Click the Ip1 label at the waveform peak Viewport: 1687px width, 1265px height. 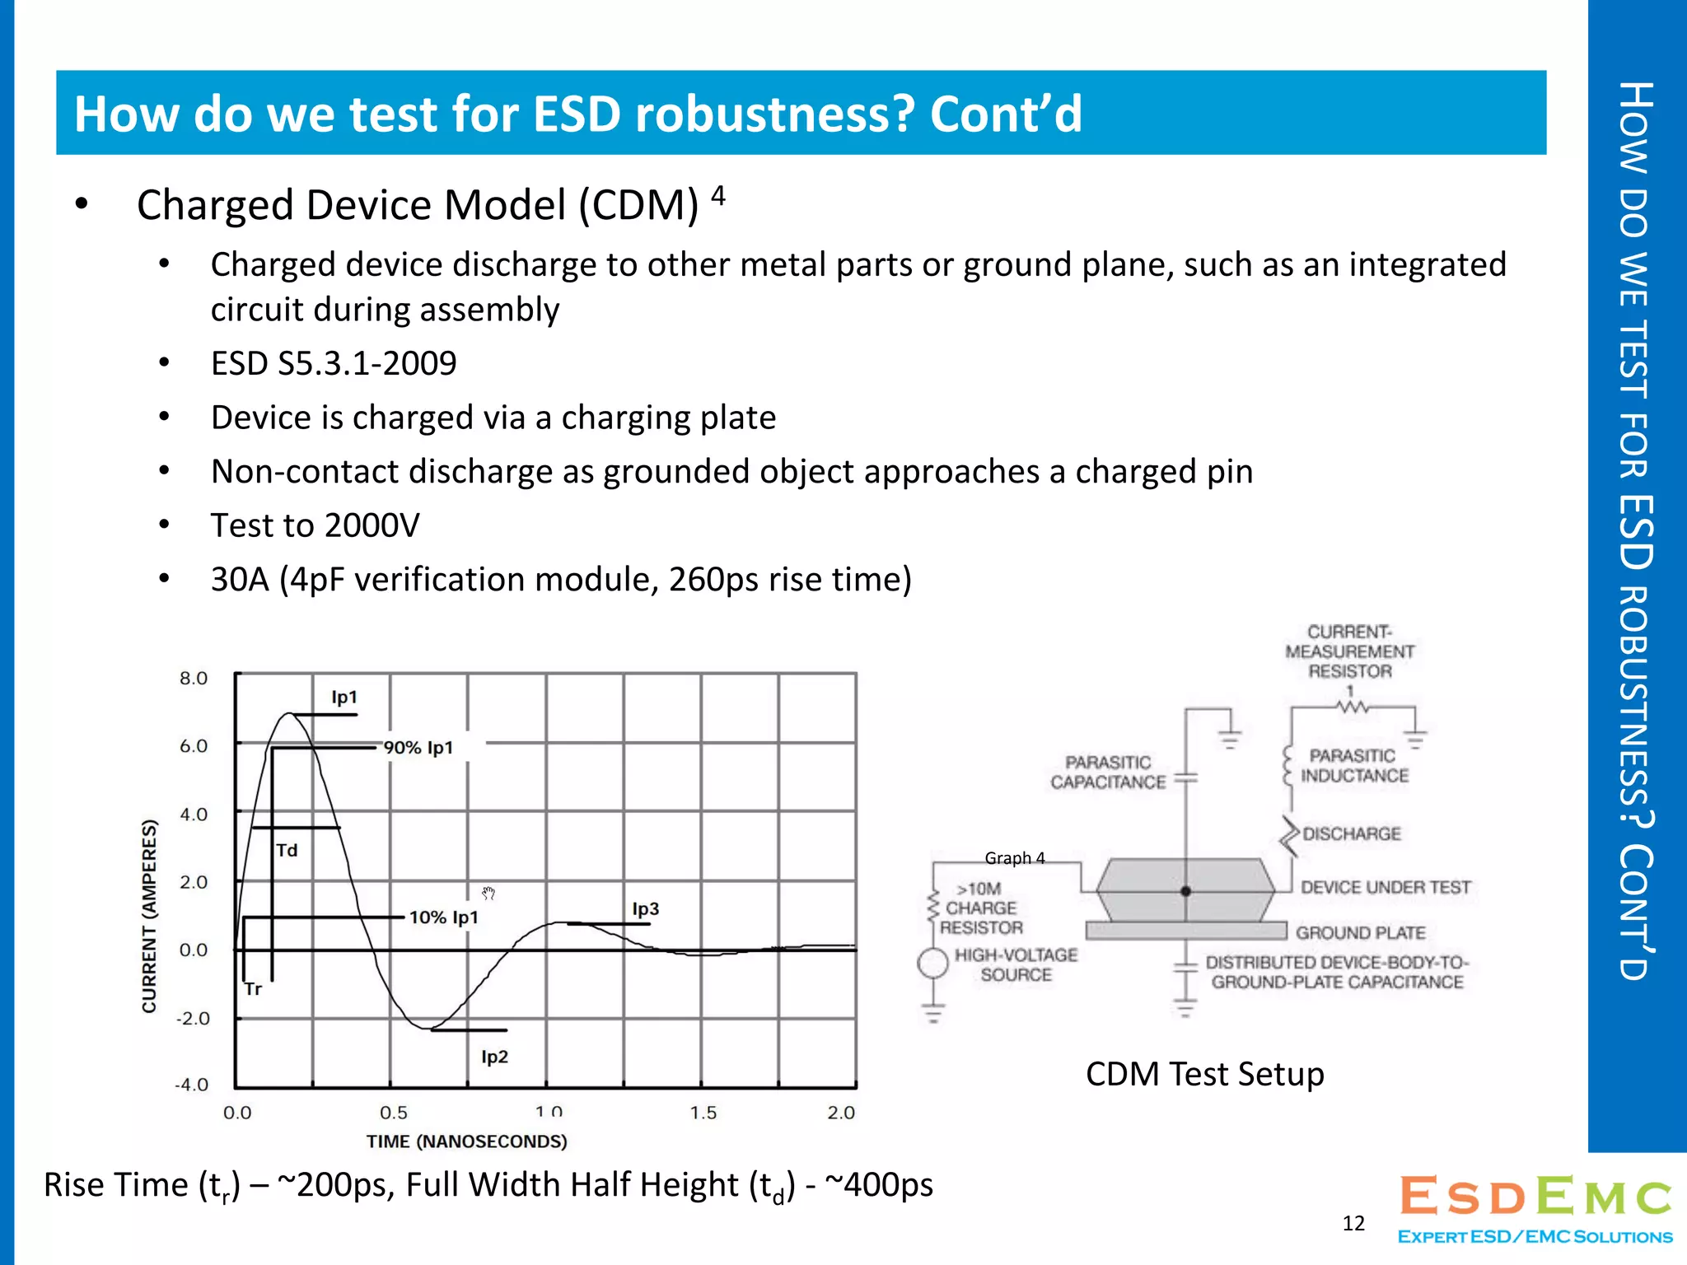(x=344, y=698)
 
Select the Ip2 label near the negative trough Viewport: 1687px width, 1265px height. (x=494, y=1057)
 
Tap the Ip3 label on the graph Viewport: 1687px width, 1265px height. (x=645, y=909)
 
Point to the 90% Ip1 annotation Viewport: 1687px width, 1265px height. (x=418, y=748)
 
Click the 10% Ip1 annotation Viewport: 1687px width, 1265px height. (x=443, y=917)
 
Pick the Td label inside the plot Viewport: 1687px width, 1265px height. (x=287, y=851)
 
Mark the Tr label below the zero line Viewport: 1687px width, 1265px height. (x=253, y=989)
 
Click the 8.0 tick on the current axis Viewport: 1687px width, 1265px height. (x=194, y=679)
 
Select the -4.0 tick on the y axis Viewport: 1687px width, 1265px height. (x=192, y=1085)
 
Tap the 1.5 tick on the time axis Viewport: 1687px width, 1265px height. (x=703, y=1113)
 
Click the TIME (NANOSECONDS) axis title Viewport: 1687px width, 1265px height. (x=466, y=1141)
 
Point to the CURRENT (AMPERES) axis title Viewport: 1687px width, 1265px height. (x=149, y=916)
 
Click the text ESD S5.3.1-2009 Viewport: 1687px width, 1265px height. (x=333, y=363)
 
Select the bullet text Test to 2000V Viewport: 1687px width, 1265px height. (x=315, y=525)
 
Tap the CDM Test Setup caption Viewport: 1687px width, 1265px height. (x=1204, y=1074)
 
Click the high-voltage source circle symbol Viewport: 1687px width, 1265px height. (x=932, y=963)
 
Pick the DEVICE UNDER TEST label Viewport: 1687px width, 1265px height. (x=1385, y=887)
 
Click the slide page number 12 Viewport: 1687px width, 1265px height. (x=1353, y=1223)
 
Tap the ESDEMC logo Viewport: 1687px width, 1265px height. (x=1535, y=1207)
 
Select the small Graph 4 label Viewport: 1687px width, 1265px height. (x=1014, y=858)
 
